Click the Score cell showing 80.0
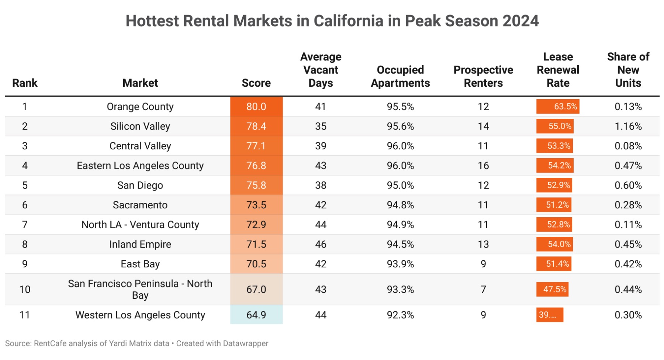pyautogui.click(x=256, y=107)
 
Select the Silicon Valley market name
pyautogui.click(x=140, y=127)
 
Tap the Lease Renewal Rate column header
pyautogui.click(x=558, y=70)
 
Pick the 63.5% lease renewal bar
pyautogui.click(x=557, y=107)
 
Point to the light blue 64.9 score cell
pyautogui.click(x=256, y=315)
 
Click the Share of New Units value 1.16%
pyautogui.click(x=628, y=127)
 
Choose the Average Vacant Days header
pyautogui.click(x=321, y=70)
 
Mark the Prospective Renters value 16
pyautogui.click(x=483, y=166)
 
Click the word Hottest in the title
pyautogui.click(x=152, y=21)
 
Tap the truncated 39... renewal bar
pyautogui.click(x=549, y=315)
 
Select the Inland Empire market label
pyautogui.click(x=140, y=245)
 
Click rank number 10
pyautogui.click(x=25, y=290)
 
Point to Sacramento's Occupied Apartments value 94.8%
pyautogui.click(x=400, y=205)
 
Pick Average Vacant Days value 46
pyautogui.click(x=321, y=245)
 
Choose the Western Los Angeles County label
pyautogui.click(x=140, y=315)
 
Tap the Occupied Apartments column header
pyautogui.click(x=400, y=77)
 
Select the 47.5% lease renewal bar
pyautogui.click(x=552, y=290)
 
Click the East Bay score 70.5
pyautogui.click(x=256, y=264)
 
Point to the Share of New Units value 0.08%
pyautogui.click(x=628, y=146)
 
